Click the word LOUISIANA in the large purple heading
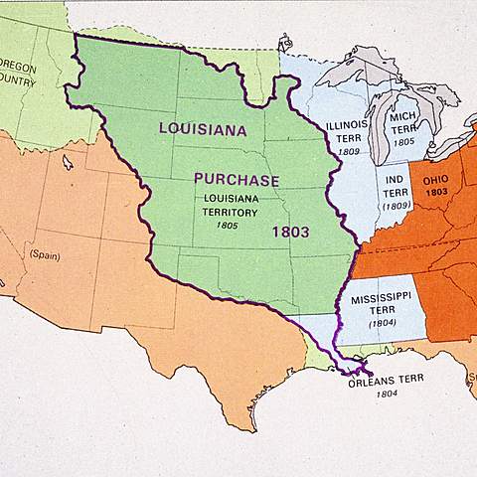pyautogui.click(x=203, y=128)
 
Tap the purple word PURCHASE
pyautogui.click(x=237, y=180)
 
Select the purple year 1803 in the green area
pyautogui.click(x=291, y=232)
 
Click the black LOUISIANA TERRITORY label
pyautogui.click(x=232, y=204)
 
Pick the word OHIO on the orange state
pyautogui.click(x=435, y=180)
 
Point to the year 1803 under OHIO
pyautogui.click(x=435, y=192)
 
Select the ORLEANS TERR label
pyautogui.click(x=387, y=381)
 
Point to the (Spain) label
pyautogui.click(x=44, y=254)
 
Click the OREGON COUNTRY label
pyautogui.click(x=17, y=74)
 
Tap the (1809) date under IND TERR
pyautogui.click(x=397, y=206)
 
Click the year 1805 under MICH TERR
pyautogui.click(x=402, y=142)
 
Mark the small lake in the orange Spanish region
pyautogui.click(x=68, y=161)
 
